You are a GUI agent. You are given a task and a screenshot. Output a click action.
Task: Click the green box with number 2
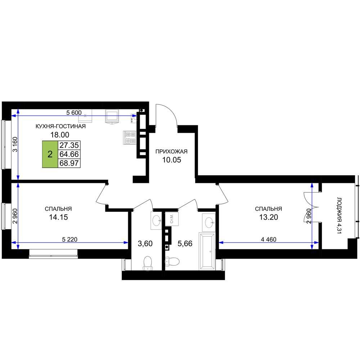[x=50, y=154]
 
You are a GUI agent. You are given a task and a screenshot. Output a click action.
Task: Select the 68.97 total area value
[x=69, y=163]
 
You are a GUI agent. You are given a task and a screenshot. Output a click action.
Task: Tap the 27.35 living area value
[x=69, y=145]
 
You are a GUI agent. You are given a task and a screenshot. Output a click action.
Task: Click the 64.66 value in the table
[x=69, y=154]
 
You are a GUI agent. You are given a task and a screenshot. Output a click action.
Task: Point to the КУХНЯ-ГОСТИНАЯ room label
[x=60, y=126]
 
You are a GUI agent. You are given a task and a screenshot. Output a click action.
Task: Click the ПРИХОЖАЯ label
[x=171, y=152]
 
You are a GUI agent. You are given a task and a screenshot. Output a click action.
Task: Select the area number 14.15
[x=58, y=217]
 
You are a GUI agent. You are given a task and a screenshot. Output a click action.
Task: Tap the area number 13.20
[x=269, y=217]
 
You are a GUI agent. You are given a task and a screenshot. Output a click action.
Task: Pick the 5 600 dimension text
[x=74, y=113]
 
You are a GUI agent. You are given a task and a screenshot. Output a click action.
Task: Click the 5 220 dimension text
[x=69, y=239]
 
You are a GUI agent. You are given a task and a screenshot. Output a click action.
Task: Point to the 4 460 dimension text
[x=269, y=239]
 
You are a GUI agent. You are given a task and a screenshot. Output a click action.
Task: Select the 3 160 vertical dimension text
[x=15, y=144]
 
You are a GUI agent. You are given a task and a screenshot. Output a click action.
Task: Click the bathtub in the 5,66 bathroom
[x=207, y=251]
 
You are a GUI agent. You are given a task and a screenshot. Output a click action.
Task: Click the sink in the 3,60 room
[x=156, y=221]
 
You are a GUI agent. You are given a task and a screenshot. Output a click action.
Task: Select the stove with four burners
[x=130, y=138]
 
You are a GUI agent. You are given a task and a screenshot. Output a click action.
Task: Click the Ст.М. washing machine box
[x=171, y=219]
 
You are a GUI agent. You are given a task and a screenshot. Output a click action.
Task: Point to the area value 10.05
[x=172, y=160]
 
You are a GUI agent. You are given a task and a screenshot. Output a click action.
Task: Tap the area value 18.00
[x=60, y=135]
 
